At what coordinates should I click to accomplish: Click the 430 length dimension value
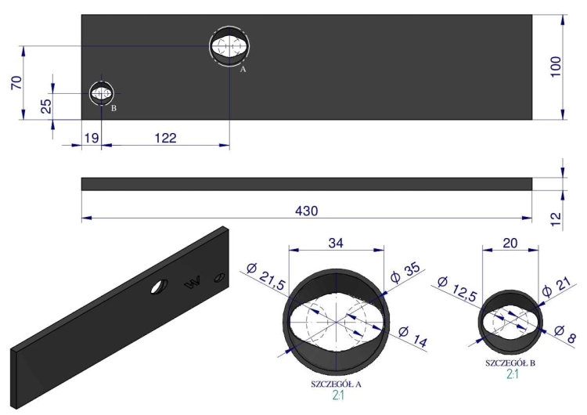coord(307,211)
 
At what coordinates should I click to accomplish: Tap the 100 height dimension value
coord(556,67)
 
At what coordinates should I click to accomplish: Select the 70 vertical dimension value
coord(17,82)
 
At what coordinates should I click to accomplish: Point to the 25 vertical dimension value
coord(45,106)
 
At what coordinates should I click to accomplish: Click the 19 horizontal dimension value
coord(92,138)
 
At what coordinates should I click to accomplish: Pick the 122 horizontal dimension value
coord(165,138)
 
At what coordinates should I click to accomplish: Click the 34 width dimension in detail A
coord(336,244)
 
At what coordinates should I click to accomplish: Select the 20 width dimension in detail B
coord(510,244)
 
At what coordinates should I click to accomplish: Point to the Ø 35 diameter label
coord(405,273)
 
